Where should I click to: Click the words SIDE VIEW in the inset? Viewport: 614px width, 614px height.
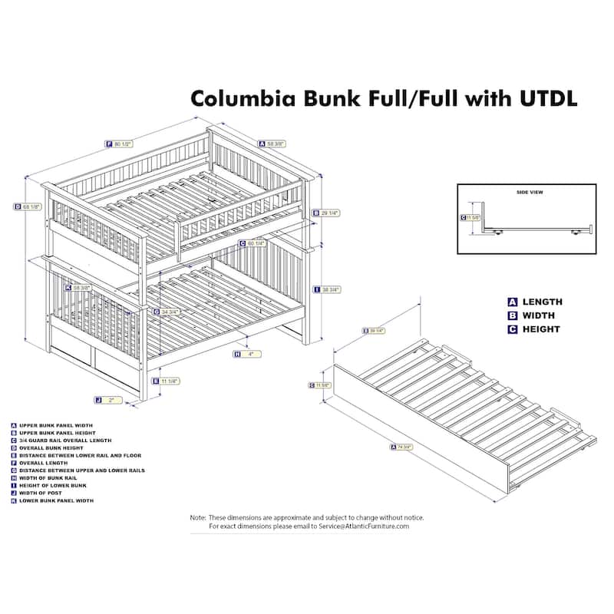point(530,192)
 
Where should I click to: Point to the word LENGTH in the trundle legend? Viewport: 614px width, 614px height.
point(543,302)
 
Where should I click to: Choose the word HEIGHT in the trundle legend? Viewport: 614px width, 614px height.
point(543,329)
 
